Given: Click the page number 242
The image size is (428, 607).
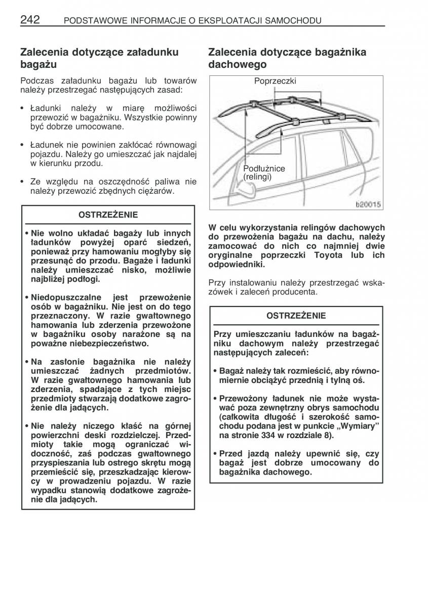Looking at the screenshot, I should pos(30,20).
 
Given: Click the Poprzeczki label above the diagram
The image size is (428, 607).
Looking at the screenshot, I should pos(275,81).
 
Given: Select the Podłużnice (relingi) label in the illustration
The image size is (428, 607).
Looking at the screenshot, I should pos(264,172).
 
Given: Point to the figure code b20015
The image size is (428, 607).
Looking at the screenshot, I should pos(368,205).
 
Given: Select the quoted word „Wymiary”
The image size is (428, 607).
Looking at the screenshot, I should pos(363,426).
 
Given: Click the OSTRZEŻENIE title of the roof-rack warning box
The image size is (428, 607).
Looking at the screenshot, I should pos(296,316).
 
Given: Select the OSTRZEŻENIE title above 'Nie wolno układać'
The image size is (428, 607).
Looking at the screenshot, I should pos(108,215).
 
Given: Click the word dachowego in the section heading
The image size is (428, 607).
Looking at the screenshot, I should pos(238,65).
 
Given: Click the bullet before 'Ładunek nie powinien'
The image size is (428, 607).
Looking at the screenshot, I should pos(23,145).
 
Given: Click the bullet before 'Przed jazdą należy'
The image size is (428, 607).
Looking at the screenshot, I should pos(215,454).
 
